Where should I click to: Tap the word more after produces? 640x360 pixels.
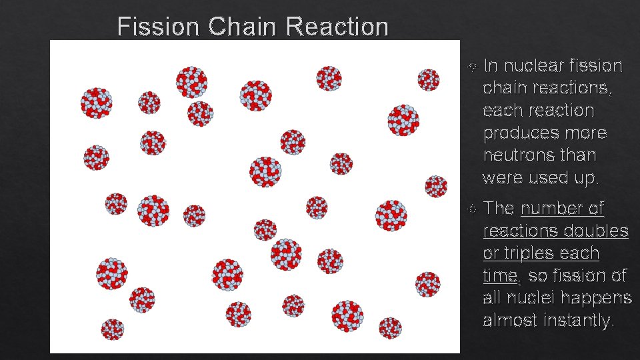coord(584,133)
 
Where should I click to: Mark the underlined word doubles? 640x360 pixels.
coord(597,231)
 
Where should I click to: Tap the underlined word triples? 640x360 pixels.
coord(533,254)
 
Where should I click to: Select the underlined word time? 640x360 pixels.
coord(499,276)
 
